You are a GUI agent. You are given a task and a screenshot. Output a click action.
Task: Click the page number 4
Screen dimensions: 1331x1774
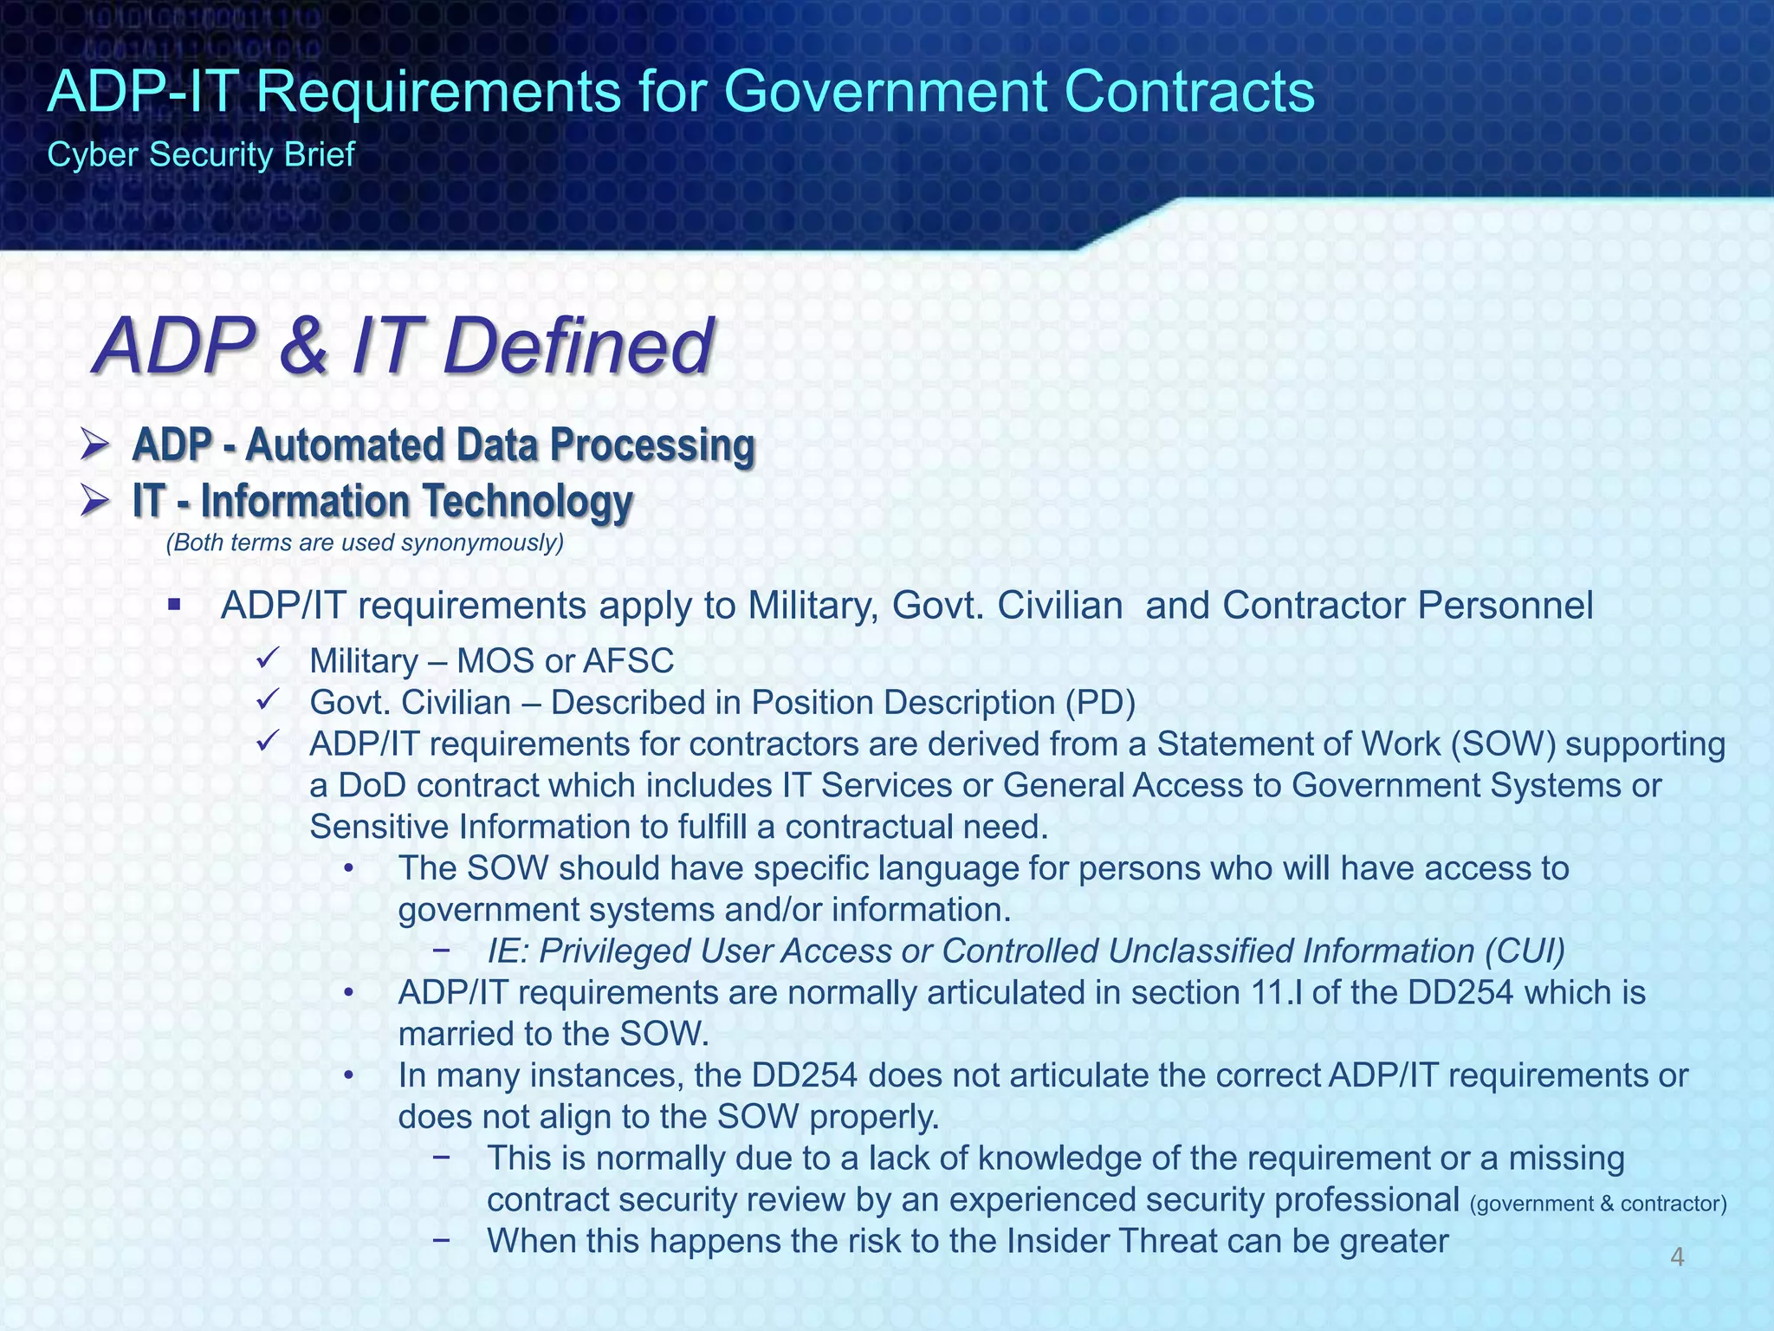tap(1677, 1257)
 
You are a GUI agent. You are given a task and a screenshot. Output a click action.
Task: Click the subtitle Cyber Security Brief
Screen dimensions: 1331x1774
tap(200, 155)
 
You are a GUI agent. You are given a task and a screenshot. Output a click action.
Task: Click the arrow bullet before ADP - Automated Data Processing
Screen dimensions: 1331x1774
tap(94, 446)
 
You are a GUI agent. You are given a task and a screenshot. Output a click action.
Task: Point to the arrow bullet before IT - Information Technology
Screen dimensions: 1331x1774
tap(94, 502)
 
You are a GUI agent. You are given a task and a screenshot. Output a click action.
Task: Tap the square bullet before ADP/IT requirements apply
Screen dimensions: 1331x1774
tap(174, 604)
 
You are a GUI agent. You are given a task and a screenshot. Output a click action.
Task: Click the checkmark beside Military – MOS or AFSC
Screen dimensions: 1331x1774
tap(266, 659)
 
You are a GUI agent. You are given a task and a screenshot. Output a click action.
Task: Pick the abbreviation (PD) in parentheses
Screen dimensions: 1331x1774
tap(1100, 703)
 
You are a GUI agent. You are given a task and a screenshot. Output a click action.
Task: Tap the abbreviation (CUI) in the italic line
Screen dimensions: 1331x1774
tap(1525, 951)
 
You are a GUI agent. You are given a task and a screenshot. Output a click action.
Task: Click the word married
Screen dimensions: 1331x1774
tap(452, 1034)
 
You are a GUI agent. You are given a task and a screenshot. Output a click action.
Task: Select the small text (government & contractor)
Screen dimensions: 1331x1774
tap(1598, 1204)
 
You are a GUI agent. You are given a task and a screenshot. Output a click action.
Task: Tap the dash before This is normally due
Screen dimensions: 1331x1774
tap(442, 1157)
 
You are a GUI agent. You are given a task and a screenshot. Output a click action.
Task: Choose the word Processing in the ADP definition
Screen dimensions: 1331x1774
tap(652, 446)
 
